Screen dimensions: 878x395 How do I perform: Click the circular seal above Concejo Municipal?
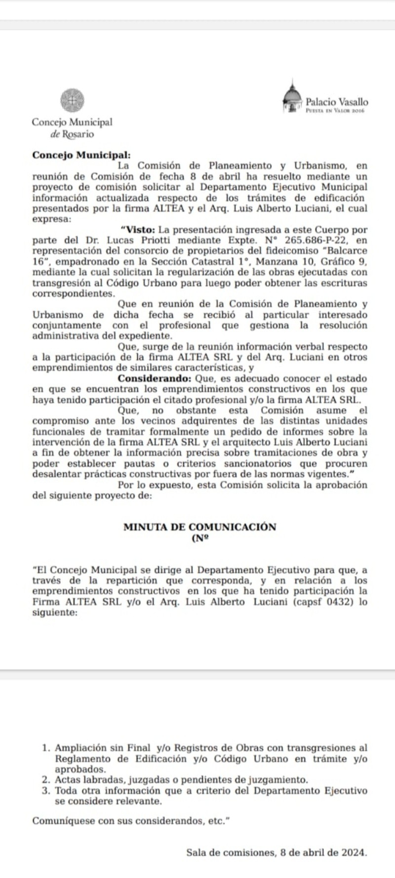click(x=72, y=100)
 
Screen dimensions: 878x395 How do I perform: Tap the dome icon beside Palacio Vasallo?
click(x=292, y=98)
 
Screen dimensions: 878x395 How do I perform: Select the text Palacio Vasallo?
click(x=337, y=102)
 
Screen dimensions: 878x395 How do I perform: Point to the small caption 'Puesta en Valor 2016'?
click(x=335, y=112)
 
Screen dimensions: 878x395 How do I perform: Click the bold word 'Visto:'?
click(x=138, y=230)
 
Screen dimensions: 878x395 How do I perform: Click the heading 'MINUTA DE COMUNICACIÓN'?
click(x=199, y=527)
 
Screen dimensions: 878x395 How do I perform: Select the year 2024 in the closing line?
click(x=355, y=852)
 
